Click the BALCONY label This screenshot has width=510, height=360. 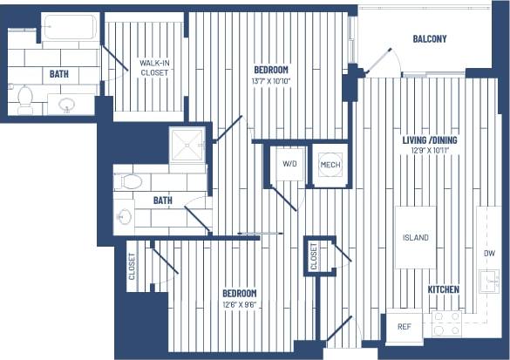pyautogui.click(x=430, y=38)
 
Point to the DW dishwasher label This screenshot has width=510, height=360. pyautogui.click(x=488, y=254)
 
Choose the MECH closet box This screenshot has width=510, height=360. pyautogui.click(x=330, y=164)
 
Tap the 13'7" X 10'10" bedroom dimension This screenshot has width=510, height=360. pyautogui.click(x=271, y=81)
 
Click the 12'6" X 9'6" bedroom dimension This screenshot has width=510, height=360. pyautogui.click(x=239, y=303)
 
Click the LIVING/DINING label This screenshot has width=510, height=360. pyautogui.click(x=435, y=139)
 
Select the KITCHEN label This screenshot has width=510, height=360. pyautogui.click(x=444, y=289)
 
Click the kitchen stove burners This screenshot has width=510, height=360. pyautogui.click(x=446, y=324)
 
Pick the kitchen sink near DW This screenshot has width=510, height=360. pyautogui.click(x=490, y=281)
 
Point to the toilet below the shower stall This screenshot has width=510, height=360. pyautogui.click(x=131, y=181)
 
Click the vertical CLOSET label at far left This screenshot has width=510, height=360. pyautogui.click(x=132, y=266)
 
